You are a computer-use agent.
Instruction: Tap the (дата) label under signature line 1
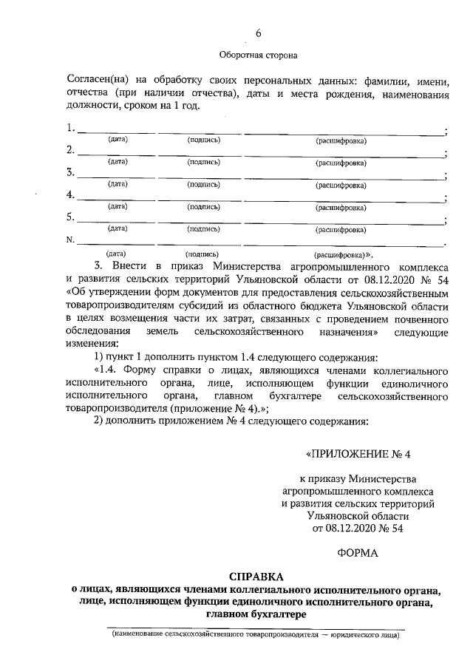coord(118,140)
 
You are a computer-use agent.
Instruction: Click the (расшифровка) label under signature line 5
coord(341,230)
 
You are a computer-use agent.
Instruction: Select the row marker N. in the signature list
coord(71,240)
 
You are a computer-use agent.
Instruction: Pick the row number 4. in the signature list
coord(71,196)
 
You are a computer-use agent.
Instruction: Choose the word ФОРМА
coord(357,553)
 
